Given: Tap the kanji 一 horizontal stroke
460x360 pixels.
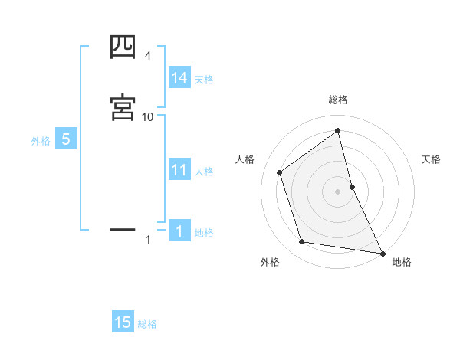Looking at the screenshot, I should pyautogui.click(x=123, y=228).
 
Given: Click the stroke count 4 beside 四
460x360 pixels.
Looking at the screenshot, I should pyautogui.click(x=147, y=56).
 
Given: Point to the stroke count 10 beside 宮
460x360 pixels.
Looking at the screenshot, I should pyautogui.click(x=148, y=116).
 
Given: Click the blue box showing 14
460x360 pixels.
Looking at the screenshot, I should pyautogui.click(x=179, y=77).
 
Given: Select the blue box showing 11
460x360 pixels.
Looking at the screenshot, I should pyautogui.click(x=179, y=170).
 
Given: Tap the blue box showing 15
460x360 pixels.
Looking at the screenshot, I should pyautogui.click(x=123, y=322).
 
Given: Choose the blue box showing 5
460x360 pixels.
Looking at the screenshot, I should pyautogui.click(x=66, y=139).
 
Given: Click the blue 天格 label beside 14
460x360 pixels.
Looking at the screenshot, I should pyautogui.click(x=204, y=79).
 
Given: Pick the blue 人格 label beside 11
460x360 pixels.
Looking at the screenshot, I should pyautogui.click(x=205, y=172).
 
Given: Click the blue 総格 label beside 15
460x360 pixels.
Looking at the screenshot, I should pyautogui.click(x=147, y=324).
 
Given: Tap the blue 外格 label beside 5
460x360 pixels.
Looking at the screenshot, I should pyautogui.click(x=41, y=141).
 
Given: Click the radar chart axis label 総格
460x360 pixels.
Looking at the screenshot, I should pyautogui.click(x=338, y=100).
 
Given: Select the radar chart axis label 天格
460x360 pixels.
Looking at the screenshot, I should pyautogui.click(x=431, y=159).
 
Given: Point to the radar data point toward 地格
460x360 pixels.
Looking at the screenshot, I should pyautogui.click(x=382, y=253).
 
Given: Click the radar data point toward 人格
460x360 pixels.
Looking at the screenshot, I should pyautogui.click(x=280, y=172).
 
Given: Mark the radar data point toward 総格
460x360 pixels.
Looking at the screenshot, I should pyautogui.click(x=338, y=130).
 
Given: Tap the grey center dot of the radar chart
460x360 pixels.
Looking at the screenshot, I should pyautogui.click(x=338, y=191).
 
